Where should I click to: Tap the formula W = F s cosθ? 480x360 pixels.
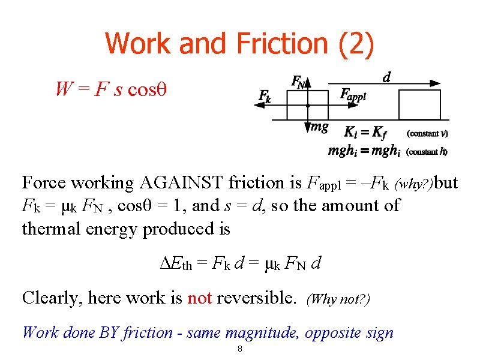110,89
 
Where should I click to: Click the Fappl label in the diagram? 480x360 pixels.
353,94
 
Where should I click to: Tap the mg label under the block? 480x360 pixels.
319,127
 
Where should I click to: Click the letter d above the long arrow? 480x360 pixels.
387,77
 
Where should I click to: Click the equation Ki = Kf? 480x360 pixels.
364,133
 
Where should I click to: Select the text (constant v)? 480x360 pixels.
427,133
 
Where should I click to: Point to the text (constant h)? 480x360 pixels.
427,152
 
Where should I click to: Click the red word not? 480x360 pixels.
200,298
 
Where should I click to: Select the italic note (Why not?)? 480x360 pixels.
338,299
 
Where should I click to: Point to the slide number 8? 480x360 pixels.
239,349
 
